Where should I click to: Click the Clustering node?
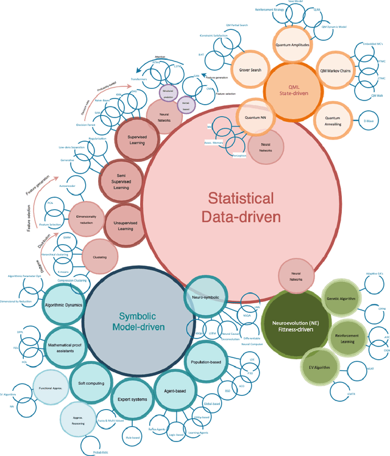pos(99,257)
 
